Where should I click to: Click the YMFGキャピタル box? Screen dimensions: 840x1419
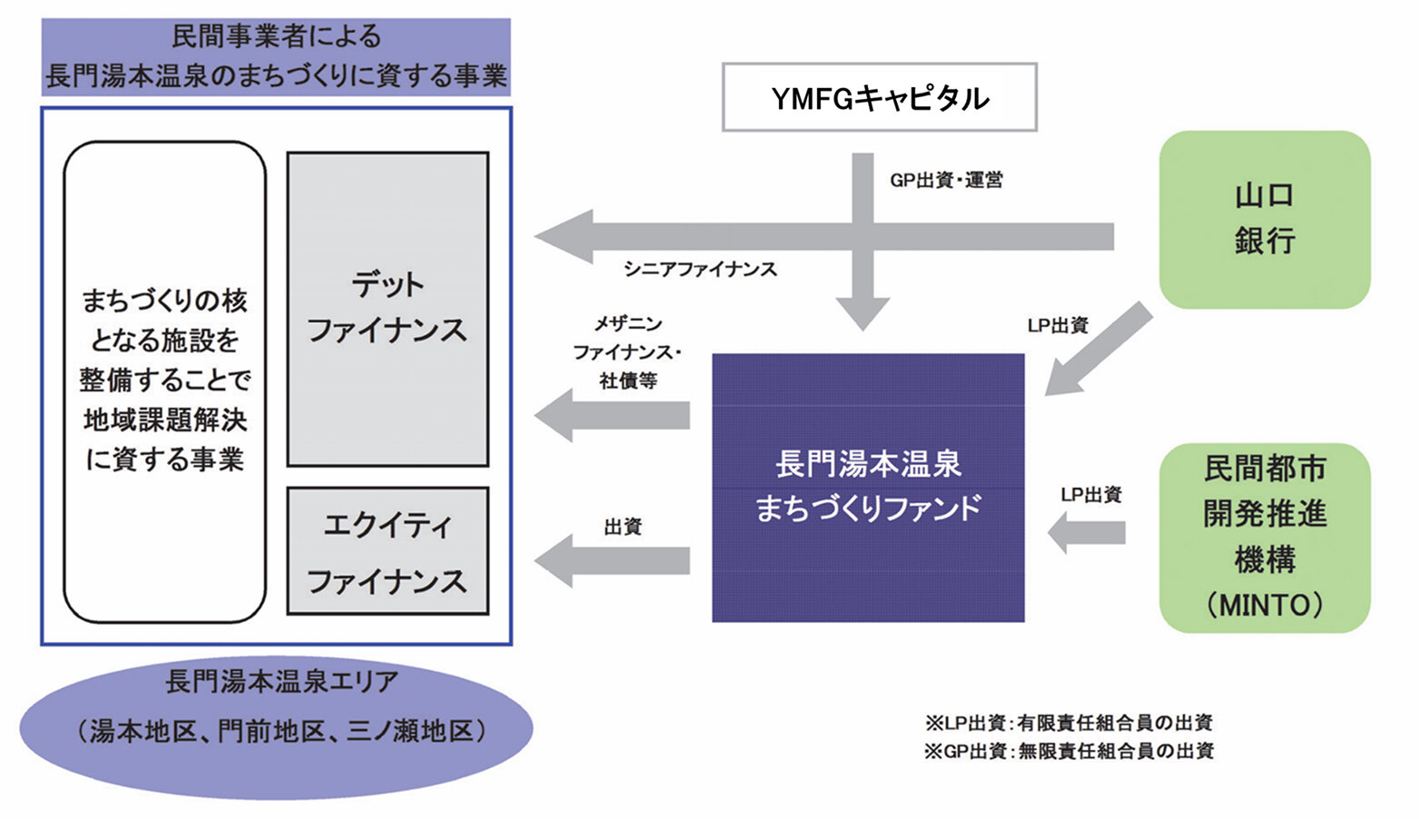tap(879, 97)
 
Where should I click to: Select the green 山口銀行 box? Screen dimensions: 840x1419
tap(1264, 219)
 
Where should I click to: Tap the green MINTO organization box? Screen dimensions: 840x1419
tap(1264, 537)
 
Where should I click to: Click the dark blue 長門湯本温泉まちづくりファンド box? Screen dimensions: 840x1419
tap(868, 487)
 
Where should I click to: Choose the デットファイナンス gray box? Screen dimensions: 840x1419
tap(388, 309)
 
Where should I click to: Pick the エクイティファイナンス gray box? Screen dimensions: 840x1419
tap(388, 551)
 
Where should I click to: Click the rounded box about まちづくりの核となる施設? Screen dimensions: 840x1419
tap(164, 381)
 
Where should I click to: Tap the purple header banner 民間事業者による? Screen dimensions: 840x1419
tap(276, 56)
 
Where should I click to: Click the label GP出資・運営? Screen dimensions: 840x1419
tap(946, 180)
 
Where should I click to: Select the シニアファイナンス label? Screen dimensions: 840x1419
tap(700, 269)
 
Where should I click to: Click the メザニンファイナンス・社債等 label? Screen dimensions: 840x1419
tap(627, 352)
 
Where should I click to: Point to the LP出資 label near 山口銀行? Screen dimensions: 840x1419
tap(1058, 325)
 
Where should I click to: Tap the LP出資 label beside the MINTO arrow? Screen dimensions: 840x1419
tap(1090, 495)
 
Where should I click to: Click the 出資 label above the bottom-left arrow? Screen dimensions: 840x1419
tap(623, 527)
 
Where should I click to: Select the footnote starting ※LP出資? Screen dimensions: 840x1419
tap(1069, 723)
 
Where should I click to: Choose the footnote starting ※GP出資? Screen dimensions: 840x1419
tap(1069, 751)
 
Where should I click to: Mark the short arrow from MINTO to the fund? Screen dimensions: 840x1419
tap(1087, 533)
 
